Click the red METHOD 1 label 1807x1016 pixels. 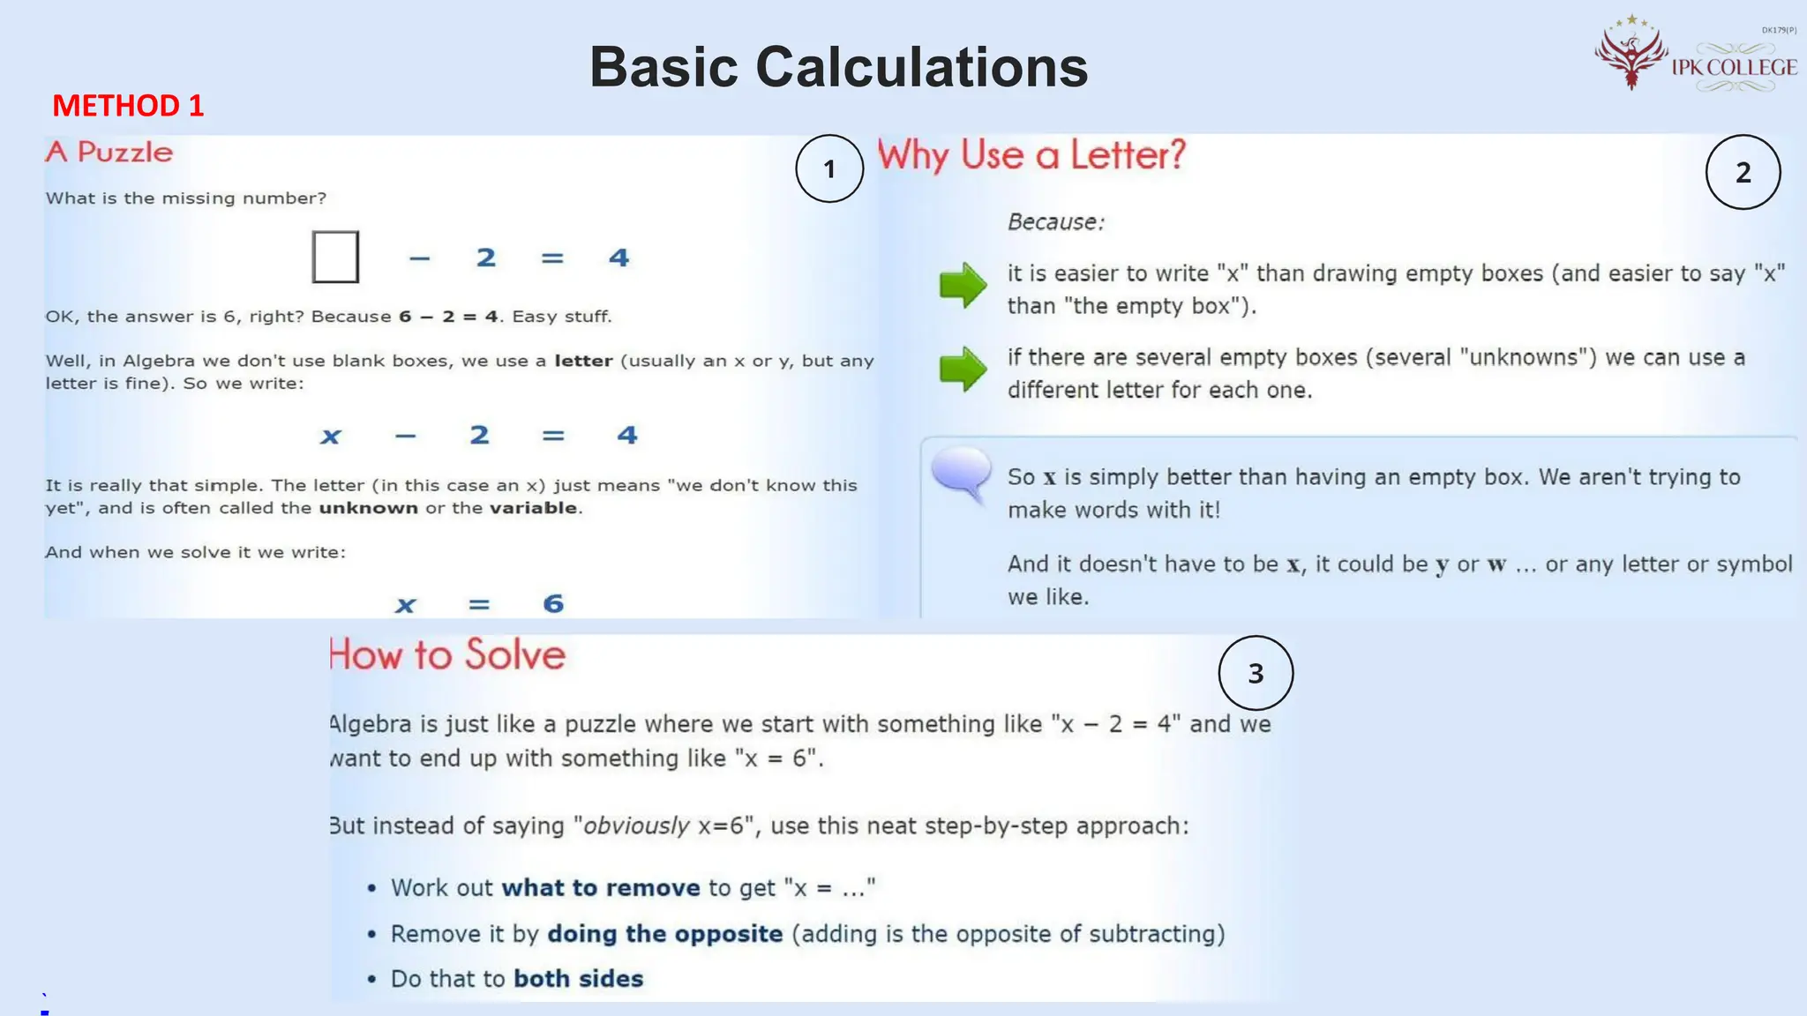[128, 106]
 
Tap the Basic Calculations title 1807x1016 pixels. [838, 67]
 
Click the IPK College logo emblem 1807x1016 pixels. [1631, 55]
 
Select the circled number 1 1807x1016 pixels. [829, 168]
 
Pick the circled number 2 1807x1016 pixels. [1743, 172]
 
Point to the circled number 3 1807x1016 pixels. [1256, 673]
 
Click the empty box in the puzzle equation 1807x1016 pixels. [335, 257]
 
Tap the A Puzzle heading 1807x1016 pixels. [109, 152]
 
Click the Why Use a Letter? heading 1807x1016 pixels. [1031, 155]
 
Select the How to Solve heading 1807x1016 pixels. [447, 654]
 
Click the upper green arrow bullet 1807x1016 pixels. [963, 284]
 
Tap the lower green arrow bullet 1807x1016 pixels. [963, 368]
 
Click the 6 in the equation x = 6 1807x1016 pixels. [553, 604]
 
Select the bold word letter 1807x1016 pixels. [583, 361]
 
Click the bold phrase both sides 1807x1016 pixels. [578, 979]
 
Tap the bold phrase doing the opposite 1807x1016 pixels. [665, 934]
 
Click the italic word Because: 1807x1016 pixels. [1055, 222]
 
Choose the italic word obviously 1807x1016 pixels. [636, 825]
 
